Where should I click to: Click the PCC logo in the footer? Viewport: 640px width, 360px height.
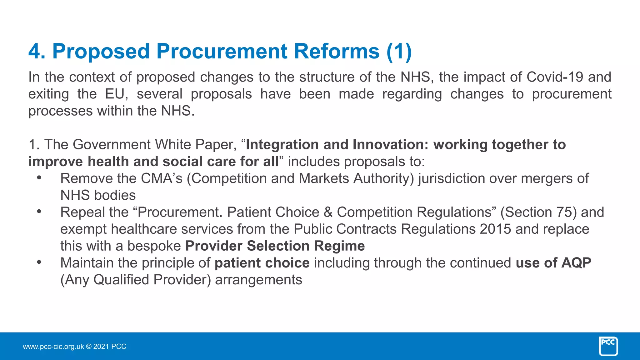[608, 346]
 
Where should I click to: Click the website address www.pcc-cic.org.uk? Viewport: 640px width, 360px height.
[53, 347]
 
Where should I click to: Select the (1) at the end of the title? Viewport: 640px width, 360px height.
[399, 51]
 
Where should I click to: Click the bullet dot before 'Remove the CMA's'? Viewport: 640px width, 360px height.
[39, 177]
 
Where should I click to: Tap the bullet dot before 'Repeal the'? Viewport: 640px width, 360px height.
[39, 211]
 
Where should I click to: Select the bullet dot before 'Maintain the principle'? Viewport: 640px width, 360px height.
[39, 262]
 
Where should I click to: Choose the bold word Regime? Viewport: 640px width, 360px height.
[339, 246]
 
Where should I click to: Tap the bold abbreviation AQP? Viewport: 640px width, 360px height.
[576, 263]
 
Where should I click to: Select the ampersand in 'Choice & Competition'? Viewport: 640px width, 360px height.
[328, 212]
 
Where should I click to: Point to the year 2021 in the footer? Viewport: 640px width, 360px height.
[101, 347]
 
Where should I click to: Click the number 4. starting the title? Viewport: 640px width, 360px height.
[37, 51]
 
